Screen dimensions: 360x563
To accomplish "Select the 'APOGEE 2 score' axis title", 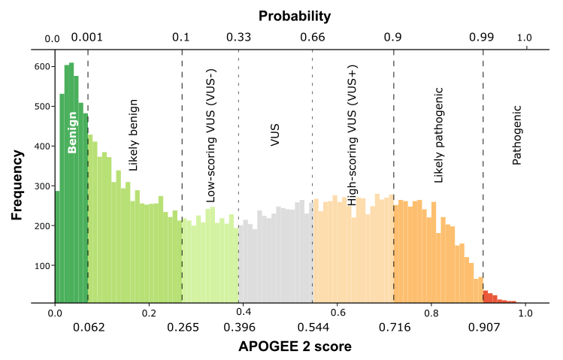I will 295,346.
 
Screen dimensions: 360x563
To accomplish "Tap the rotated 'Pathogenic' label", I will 516,135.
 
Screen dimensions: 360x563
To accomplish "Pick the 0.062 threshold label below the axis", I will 88,327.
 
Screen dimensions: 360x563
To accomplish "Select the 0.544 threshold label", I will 313,327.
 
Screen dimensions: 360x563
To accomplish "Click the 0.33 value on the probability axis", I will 238,37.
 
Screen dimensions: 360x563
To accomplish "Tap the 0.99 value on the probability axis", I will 482,37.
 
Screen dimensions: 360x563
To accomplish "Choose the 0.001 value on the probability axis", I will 87,37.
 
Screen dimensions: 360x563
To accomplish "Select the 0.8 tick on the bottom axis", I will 431,312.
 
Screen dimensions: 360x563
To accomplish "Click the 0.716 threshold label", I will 394,327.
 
